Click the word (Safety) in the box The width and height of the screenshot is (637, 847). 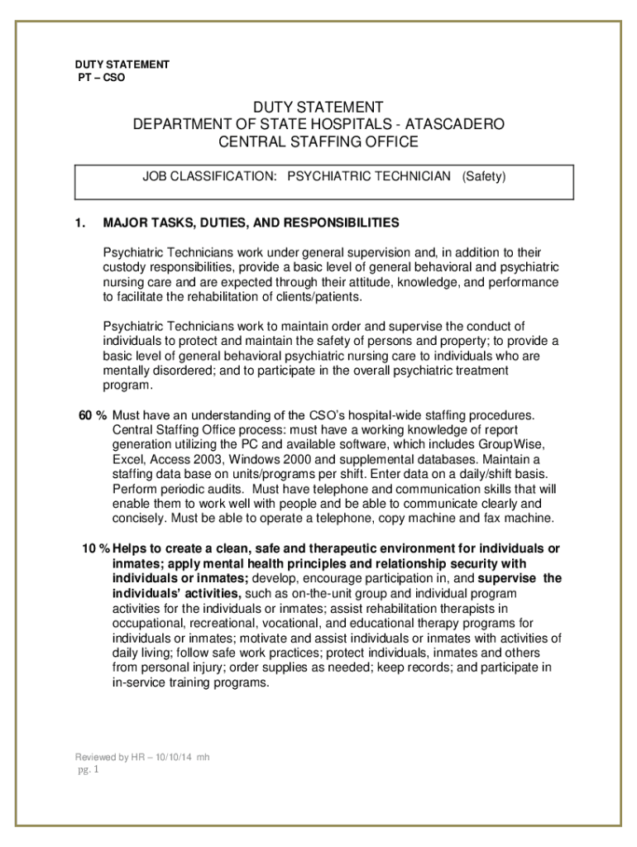click(484, 176)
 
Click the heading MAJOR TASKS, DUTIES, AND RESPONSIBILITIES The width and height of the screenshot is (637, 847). click(251, 223)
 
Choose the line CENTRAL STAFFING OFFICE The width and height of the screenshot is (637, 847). click(318, 141)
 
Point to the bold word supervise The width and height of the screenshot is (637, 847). click(506, 579)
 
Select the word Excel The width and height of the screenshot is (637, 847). click(126, 459)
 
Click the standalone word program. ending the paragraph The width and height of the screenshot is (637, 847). click(128, 385)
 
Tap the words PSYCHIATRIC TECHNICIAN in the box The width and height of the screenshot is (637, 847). click(368, 176)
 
